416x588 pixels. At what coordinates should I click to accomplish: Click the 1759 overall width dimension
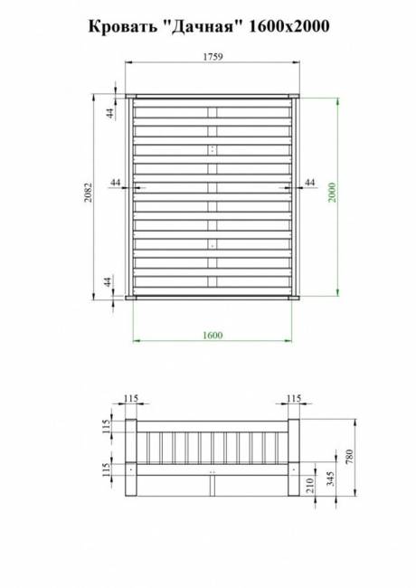212,56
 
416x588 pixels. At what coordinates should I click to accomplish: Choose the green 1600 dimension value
212,335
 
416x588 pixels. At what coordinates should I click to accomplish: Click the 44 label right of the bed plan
310,183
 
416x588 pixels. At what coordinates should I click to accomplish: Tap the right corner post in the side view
293,457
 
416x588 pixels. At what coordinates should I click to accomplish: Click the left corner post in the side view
129,457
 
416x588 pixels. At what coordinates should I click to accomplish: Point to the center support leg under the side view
212,487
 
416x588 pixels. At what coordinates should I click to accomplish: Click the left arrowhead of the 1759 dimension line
128,62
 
